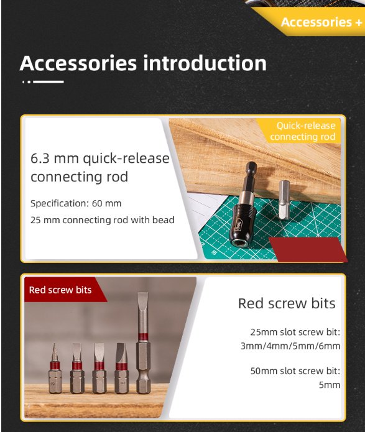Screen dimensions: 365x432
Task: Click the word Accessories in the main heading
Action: (78, 63)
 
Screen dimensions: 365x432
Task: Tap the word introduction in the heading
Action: (205, 63)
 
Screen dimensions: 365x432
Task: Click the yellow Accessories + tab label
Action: (321, 22)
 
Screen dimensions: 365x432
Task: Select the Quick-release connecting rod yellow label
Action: (303, 131)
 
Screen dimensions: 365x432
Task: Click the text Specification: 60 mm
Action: (76, 203)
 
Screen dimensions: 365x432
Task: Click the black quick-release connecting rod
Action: (244, 204)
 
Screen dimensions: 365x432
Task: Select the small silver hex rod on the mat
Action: (284, 200)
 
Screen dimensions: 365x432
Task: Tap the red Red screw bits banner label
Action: (60, 290)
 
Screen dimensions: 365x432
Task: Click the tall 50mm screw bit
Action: (143, 342)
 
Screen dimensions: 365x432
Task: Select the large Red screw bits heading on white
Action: (287, 303)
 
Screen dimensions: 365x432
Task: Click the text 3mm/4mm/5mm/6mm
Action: (290, 346)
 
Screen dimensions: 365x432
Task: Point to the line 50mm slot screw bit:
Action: (295, 371)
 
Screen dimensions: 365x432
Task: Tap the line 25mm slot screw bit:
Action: (295, 332)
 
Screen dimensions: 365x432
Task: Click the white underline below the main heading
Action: (49, 81)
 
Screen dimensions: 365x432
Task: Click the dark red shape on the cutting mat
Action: (307, 249)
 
